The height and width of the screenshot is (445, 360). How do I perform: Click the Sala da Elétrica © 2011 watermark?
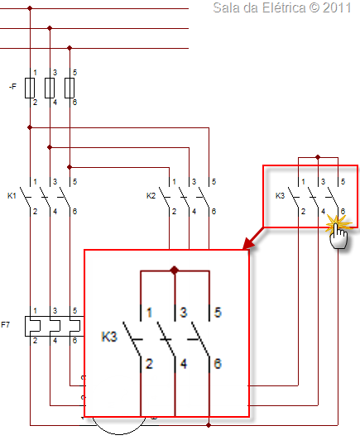pos(282,8)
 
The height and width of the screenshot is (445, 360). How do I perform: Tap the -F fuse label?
pos(12,86)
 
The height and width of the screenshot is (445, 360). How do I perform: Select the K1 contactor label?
pos(12,195)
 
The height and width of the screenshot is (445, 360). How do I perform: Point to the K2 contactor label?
pos(151,195)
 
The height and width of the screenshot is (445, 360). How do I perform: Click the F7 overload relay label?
pos(6,324)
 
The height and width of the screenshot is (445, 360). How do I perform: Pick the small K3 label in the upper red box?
pos(280,195)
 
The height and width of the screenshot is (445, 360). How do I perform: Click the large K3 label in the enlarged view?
pos(109,337)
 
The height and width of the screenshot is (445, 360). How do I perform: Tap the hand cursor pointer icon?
pos(338,234)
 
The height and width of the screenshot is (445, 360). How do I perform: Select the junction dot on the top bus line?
pos(30,8)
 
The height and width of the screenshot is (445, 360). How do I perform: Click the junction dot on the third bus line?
pos(70,48)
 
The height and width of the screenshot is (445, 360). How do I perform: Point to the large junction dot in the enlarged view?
pos(175,270)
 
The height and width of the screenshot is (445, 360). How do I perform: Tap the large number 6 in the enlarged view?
pos(218,364)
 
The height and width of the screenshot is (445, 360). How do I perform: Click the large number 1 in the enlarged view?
pos(149,313)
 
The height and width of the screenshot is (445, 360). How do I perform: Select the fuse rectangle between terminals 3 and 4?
pos(50,88)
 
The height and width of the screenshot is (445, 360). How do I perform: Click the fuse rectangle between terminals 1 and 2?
pos(30,88)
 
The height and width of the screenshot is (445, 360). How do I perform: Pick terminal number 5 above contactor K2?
pos(214,181)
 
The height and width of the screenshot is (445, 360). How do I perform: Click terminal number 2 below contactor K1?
pos(35,212)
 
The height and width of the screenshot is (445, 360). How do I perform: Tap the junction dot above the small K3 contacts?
pos(318,157)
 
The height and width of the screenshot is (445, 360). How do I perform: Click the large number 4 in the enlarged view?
pos(184,364)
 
